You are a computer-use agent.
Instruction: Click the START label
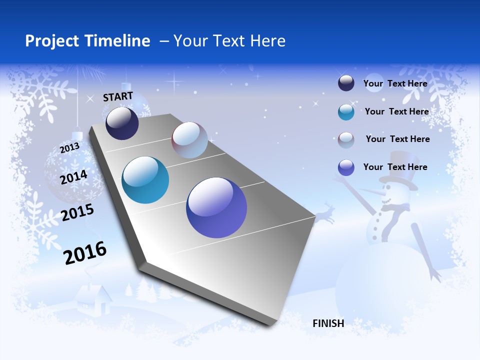point(118,96)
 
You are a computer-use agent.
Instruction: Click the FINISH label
point(328,323)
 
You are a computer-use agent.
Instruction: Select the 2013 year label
point(69,148)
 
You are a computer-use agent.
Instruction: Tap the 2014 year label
point(73,177)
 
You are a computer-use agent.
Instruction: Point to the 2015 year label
point(77,212)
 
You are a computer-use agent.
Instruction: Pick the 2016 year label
point(85,253)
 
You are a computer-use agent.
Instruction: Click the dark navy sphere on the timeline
point(122,123)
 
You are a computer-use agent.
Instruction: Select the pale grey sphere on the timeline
point(189,140)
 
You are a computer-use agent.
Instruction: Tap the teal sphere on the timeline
point(145,180)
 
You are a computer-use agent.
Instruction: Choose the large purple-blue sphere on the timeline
point(216,207)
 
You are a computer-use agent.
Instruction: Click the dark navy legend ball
point(346,83)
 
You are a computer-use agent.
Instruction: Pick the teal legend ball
point(346,112)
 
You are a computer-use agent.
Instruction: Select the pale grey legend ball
point(346,140)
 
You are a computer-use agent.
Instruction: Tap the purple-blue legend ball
point(346,167)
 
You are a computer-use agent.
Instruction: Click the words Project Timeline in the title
point(87,41)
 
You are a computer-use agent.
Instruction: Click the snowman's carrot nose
point(370,191)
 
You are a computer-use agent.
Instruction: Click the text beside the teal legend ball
point(396,111)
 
